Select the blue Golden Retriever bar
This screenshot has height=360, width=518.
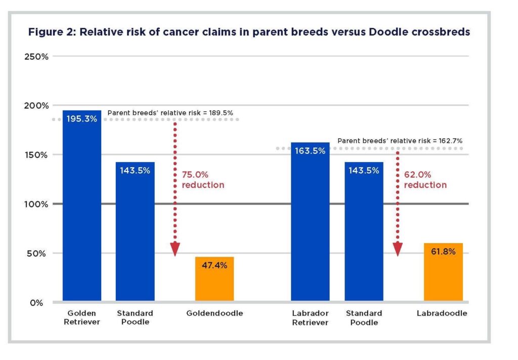(82, 213)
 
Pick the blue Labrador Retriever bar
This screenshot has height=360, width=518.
(310, 228)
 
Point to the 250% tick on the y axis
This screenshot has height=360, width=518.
(36, 56)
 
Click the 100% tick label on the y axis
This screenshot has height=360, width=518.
(36, 204)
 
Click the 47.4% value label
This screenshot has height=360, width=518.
(214, 265)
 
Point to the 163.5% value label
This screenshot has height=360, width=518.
(310, 151)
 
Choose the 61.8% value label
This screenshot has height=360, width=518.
(443, 251)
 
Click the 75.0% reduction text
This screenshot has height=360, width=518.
(203, 180)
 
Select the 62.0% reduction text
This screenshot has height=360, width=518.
(425, 180)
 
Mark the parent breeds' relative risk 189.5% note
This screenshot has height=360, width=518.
(170, 112)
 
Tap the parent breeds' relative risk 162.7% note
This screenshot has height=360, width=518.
(400, 141)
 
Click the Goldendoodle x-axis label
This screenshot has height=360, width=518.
(214, 313)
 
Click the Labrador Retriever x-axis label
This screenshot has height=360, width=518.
(310, 318)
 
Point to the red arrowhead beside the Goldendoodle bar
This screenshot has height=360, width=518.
(175, 249)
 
